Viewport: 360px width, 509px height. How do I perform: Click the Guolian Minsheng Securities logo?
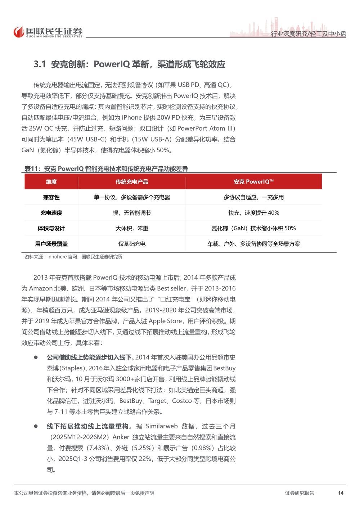coord(48,32)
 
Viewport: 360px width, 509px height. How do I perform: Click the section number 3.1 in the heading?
coord(40,64)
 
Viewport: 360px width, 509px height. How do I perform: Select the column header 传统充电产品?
coord(132,182)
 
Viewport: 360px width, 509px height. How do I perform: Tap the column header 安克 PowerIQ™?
coord(253,182)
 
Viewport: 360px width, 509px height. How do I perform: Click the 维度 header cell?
coord(51,182)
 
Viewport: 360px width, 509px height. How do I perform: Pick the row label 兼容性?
coord(51,197)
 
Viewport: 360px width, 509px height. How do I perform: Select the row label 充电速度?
coord(51,213)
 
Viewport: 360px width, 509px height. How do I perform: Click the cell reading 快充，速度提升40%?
coord(253,213)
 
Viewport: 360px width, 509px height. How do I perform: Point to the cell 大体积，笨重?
coord(132,228)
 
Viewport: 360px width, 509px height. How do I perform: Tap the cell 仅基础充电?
coord(132,244)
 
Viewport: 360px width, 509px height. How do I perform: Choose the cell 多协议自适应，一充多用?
coord(253,197)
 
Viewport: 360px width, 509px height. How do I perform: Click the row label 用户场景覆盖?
coord(51,244)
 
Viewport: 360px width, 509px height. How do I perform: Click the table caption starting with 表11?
coord(106,168)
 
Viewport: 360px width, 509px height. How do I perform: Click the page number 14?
coord(341,493)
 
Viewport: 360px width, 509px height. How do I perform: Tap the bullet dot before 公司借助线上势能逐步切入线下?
coord(36,357)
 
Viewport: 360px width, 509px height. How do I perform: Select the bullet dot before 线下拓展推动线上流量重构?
coord(36,426)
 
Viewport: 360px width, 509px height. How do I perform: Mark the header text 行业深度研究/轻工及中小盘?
coord(309,34)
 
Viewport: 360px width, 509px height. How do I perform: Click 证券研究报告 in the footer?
coord(300,493)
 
